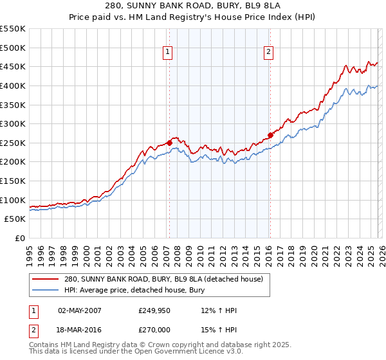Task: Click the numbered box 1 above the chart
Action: (x=168, y=53)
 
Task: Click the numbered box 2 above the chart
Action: (x=268, y=53)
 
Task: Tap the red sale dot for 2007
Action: (x=169, y=143)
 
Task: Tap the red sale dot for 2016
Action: (x=270, y=135)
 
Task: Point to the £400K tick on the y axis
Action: (x=14, y=85)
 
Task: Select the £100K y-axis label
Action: (x=14, y=200)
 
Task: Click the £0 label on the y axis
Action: (x=20, y=238)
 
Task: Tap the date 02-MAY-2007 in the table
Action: (x=80, y=310)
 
